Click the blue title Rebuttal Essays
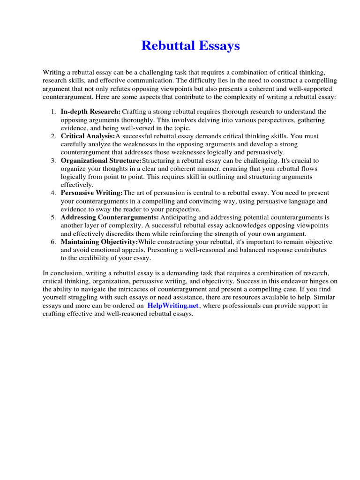coord(190,46)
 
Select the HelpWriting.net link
coord(173,306)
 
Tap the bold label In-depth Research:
coord(90,112)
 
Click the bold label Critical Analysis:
coord(88,136)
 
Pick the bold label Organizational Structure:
coord(101,160)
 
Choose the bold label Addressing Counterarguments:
coord(110,217)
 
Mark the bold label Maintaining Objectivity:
coord(99,242)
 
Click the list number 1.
coord(53,112)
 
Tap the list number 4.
coord(53,193)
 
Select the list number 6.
coord(53,242)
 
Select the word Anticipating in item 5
coord(180,217)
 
